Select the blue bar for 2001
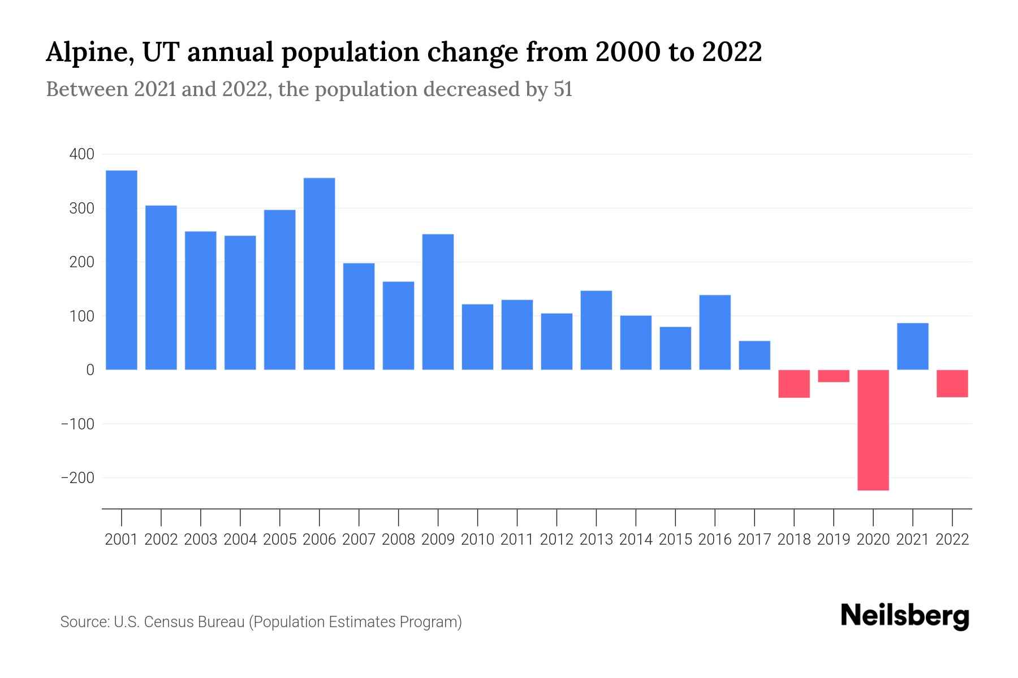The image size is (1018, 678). (x=122, y=270)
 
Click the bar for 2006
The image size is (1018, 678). (x=320, y=274)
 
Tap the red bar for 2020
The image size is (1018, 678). (x=873, y=430)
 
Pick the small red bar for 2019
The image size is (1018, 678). (x=834, y=376)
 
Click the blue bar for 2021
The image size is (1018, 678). (x=913, y=346)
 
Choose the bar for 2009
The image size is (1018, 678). (x=438, y=302)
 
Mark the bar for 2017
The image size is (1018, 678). (x=754, y=355)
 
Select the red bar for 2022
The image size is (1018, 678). (x=952, y=384)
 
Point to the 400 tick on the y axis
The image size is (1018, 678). (x=82, y=154)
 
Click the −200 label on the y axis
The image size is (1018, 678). (x=77, y=478)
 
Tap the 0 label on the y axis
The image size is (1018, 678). (x=90, y=370)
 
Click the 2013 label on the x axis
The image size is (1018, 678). (x=596, y=540)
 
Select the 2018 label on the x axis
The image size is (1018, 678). (x=794, y=540)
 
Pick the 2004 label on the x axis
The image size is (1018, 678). (x=240, y=540)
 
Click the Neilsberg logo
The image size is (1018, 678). (x=905, y=616)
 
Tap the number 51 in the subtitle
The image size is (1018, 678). (x=563, y=89)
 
